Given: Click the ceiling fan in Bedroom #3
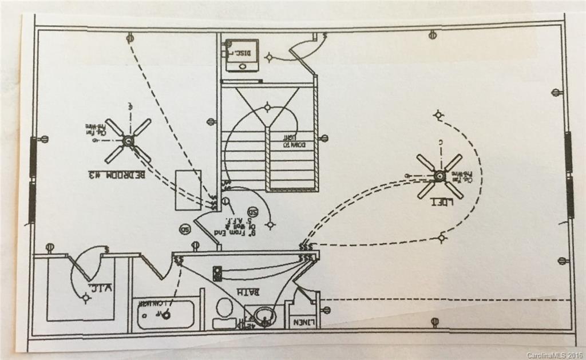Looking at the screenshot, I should click(x=128, y=140).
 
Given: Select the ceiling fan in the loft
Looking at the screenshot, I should click(x=439, y=176).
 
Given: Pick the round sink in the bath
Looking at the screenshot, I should click(x=264, y=314).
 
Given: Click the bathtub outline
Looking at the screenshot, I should click(x=166, y=314).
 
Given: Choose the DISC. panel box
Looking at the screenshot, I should click(x=241, y=55).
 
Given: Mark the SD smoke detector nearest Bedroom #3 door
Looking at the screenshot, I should click(x=185, y=230).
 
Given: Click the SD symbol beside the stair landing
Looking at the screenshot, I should click(x=252, y=212).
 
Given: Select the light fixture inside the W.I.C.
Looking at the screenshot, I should click(x=86, y=298).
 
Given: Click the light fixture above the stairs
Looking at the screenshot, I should click(x=267, y=107).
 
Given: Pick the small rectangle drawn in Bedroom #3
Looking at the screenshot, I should click(x=188, y=189).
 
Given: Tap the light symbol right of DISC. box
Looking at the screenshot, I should click(x=269, y=57).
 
